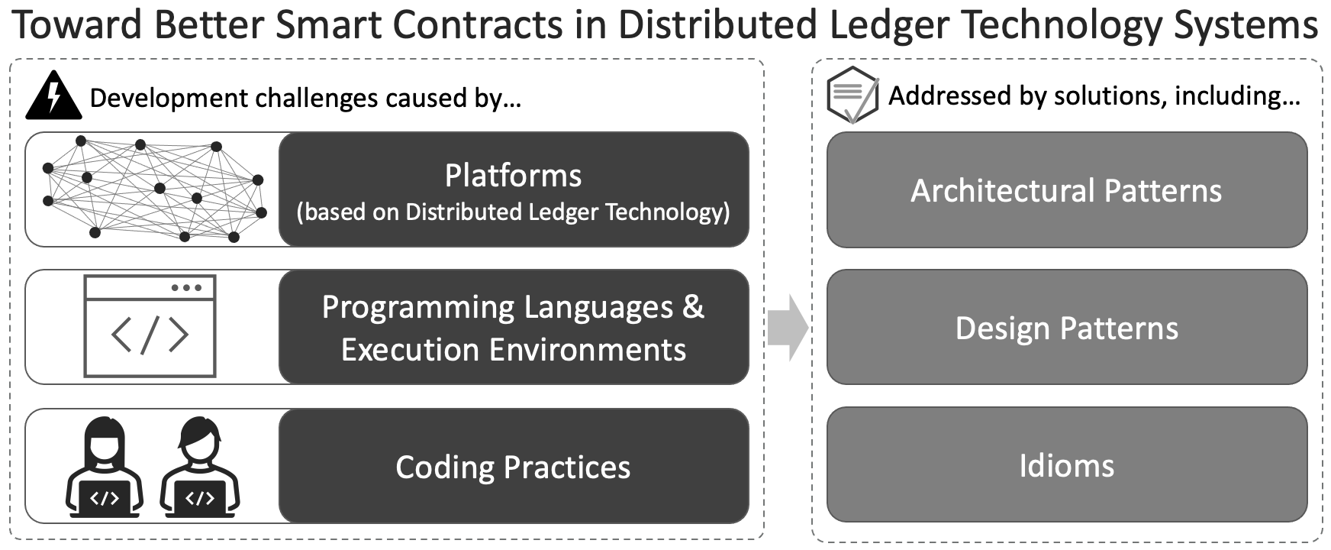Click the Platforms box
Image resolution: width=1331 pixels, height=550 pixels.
click(514, 189)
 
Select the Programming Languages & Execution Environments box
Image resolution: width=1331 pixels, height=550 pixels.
click(514, 327)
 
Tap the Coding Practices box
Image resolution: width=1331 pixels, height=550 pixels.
click(514, 466)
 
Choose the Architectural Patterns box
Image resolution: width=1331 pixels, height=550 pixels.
click(1067, 189)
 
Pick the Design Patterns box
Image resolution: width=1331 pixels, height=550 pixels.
click(1067, 327)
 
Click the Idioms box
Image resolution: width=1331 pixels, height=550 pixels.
click(1067, 465)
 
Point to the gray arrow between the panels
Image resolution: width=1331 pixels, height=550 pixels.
click(788, 327)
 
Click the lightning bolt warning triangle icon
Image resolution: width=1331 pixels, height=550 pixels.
click(53, 96)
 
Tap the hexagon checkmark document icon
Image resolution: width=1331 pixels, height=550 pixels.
click(853, 95)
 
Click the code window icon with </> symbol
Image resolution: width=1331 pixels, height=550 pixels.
click(150, 326)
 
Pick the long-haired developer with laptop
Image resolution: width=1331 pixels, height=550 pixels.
click(105, 467)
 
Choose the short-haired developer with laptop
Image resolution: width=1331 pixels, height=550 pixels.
click(200, 467)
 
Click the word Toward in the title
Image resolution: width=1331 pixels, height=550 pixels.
click(78, 24)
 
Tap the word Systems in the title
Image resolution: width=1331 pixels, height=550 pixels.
click(1246, 26)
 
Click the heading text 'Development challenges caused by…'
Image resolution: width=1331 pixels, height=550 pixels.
click(305, 99)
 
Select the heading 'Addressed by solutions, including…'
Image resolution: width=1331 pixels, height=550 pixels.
click(1094, 96)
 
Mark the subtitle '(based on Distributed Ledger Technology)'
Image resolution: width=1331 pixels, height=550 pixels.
click(514, 212)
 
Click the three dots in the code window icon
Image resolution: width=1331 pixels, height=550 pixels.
click(187, 288)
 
